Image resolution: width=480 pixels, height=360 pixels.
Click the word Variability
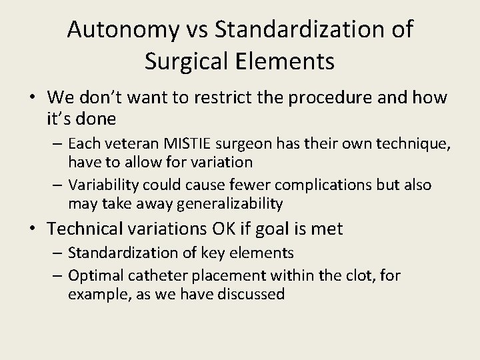[x=101, y=185]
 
